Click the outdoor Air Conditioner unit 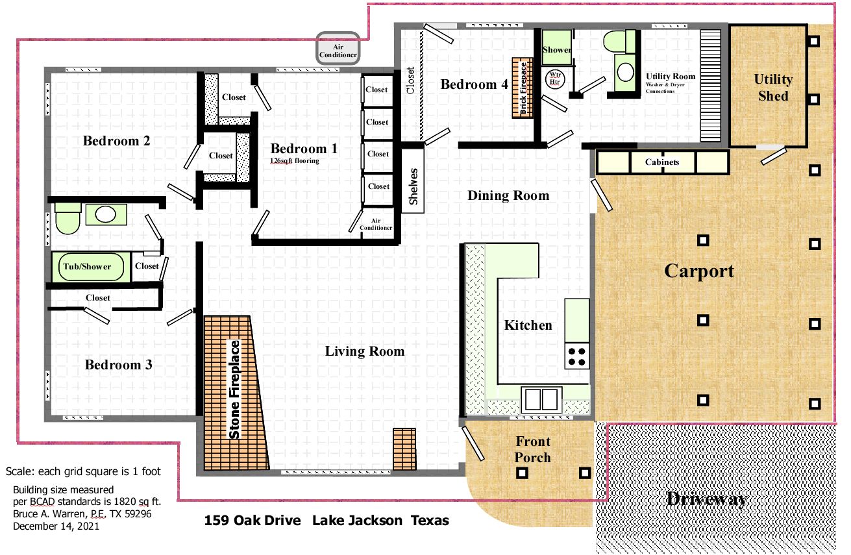(x=338, y=48)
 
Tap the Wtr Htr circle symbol (x=554, y=79)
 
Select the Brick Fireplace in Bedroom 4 (x=523, y=88)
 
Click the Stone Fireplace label (x=234, y=389)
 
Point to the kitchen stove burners (x=576, y=356)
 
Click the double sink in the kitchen (x=541, y=399)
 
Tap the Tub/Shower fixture (x=91, y=267)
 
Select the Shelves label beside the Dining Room (x=413, y=186)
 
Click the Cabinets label (x=662, y=162)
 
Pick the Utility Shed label (x=773, y=88)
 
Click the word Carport (x=699, y=271)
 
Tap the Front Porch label (x=533, y=449)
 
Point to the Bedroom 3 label (x=119, y=365)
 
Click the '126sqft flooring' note (x=295, y=161)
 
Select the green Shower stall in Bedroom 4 (x=556, y=47)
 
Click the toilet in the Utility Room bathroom (x=619, y=42)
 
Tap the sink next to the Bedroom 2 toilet (x=106, y=215)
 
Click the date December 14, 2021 (x=56, y=526)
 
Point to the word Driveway (x=707, y=499)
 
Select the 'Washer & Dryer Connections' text (x=665, y=88)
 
